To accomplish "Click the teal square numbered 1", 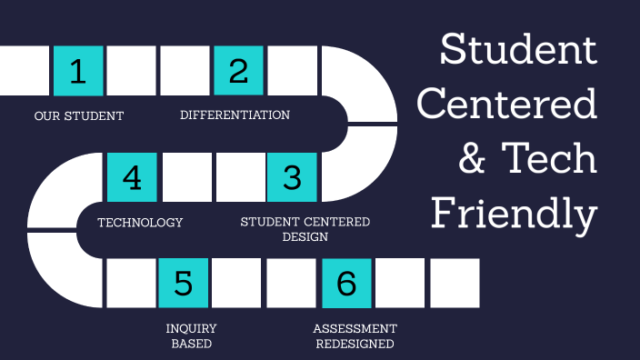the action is tap(78, 71).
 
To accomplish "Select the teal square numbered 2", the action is tap(238, 71).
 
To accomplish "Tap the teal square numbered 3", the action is tap(292, 176).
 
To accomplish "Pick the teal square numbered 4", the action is tap(132, 176).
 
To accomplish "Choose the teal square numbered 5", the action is tap(184, 283).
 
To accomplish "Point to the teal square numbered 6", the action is tap(346, 283).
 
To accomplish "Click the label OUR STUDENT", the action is tap(79, 116).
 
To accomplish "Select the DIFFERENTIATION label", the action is tap(235, 115).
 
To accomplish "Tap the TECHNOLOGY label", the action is tap(140, 223).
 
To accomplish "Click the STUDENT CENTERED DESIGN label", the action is tap(305, 229).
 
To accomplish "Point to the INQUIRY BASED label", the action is tap(191, 336).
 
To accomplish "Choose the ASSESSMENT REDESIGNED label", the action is tap(355, 336).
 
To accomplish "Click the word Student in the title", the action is tap(518, 50).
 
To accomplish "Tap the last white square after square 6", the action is tap(454, 283).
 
